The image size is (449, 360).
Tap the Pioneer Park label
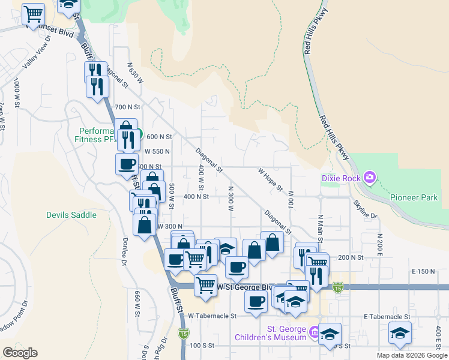[x=414, y=197]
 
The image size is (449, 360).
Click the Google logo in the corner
[x=20, y=353]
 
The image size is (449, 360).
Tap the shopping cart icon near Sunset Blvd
[x=34, y=14]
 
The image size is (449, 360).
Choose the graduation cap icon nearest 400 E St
[x=400, y=333]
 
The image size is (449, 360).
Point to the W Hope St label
[x=270, y=179]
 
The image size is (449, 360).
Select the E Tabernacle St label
[x=387, y=316]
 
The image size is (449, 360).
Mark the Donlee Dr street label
[x=125, y=250]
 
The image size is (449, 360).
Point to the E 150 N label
[x=423, y=272]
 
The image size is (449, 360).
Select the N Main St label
[x=321, y=229]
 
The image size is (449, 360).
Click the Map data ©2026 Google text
[x=411, y=355]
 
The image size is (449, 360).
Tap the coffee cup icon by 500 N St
[x=127, y=164]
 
